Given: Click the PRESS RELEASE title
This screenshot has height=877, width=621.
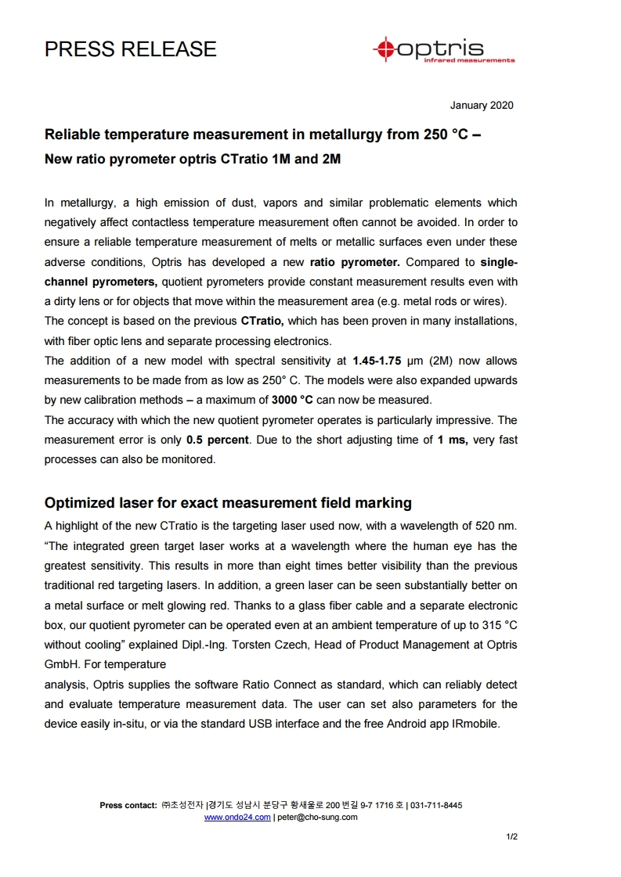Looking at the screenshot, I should point(130,49).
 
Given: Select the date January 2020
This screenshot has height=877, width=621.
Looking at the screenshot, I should point(482,106).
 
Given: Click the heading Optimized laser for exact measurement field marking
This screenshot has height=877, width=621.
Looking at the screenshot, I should point(228,502).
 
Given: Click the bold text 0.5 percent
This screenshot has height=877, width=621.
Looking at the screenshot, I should point(218,440).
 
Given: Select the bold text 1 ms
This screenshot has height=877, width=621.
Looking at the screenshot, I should point(453,440).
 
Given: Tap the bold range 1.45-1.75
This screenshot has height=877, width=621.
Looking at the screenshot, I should point(377,361).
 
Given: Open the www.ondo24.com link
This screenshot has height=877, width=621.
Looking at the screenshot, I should point(237,817).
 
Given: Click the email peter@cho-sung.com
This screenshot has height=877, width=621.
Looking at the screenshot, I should point(317,817).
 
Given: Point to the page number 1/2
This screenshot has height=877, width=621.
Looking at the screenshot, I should point(511,837).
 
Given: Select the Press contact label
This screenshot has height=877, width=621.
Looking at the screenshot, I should point(128,805).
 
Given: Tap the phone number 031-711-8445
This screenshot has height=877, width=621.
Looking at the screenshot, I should point(436,805).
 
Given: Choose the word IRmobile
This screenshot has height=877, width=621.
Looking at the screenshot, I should point(473,724).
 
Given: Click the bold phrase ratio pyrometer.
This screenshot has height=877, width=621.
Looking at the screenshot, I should point(355,261).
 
